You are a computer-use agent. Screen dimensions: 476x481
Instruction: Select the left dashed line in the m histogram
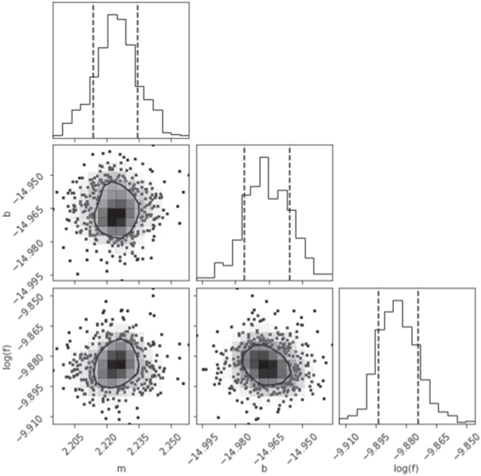(x=93, y=72)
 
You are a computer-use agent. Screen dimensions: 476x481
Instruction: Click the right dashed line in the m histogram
(x=138, y=72)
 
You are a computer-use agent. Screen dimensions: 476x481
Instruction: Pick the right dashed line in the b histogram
(x=290, y=216)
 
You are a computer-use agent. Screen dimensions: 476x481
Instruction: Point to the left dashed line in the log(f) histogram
(x=378, y=361)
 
